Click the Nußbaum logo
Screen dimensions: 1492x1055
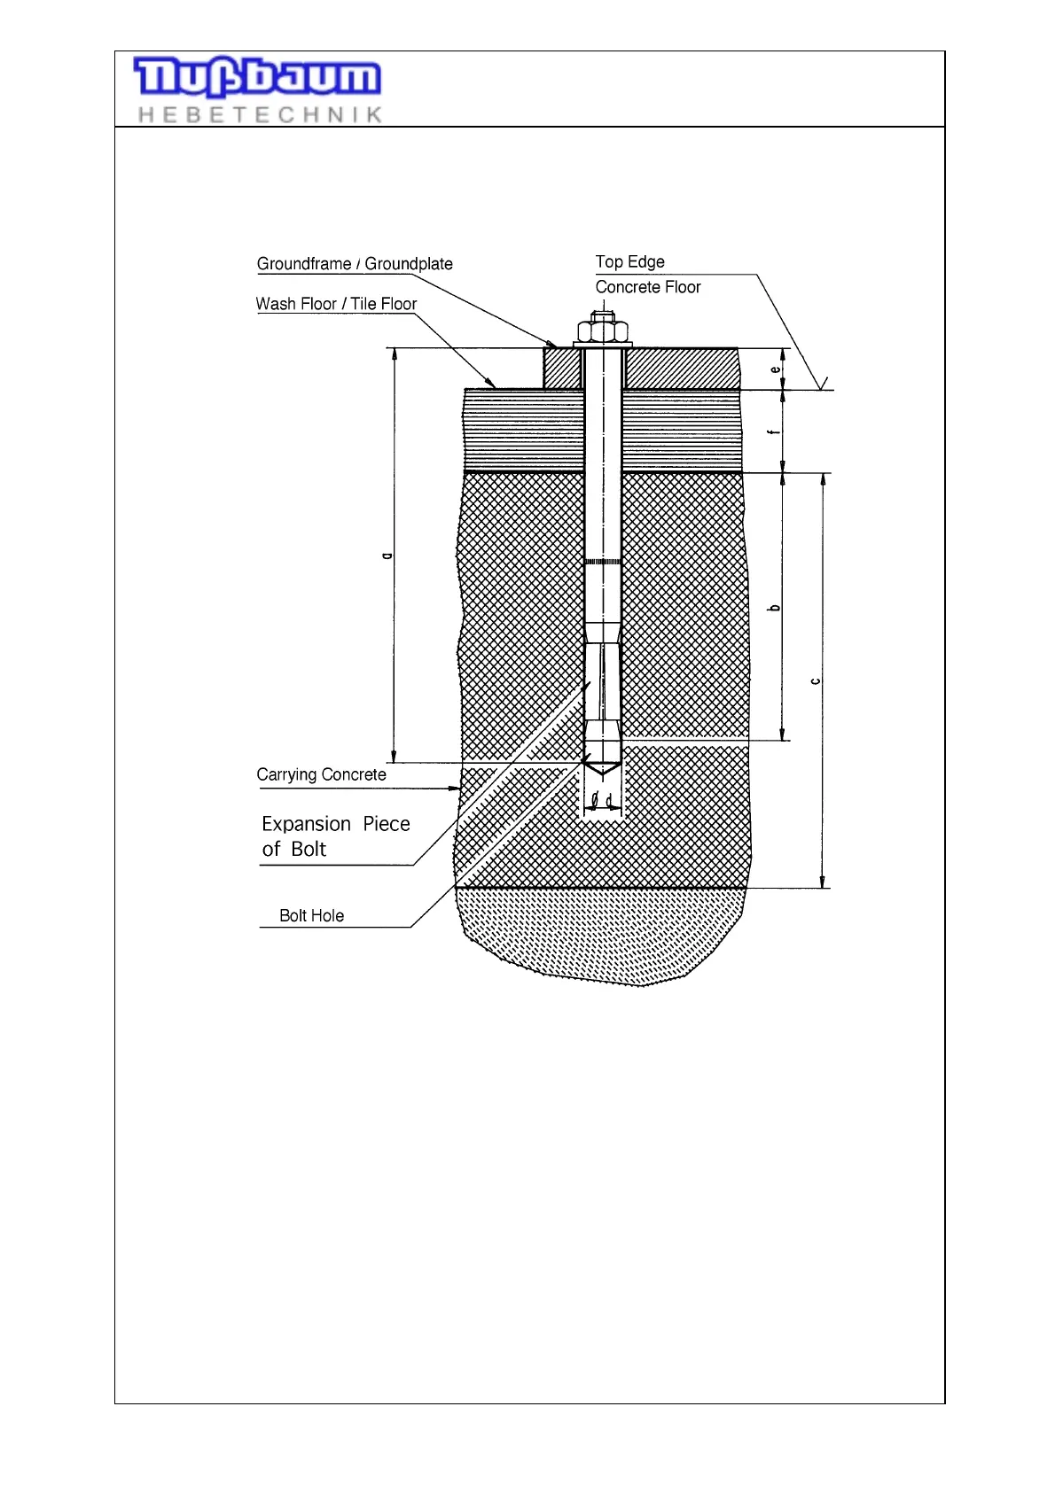click(257, 77)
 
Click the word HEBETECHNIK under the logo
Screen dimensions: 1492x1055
click(260, 114)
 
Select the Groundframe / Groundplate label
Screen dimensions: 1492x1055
click(355, 264)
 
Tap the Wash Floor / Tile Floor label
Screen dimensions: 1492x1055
click(336, 304)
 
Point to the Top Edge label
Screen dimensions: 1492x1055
click(629, 262)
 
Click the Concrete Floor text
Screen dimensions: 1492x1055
click(647, 287)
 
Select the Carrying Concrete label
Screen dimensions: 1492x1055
click(321, 774)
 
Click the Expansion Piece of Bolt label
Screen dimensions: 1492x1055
click(335, 835)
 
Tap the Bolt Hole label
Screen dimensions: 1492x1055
click(311, 915)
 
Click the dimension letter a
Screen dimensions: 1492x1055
click(386, 556)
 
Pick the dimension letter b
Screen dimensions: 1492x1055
click(775, 607)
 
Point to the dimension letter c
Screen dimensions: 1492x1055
click(815, 680)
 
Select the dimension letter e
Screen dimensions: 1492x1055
click(775, 369)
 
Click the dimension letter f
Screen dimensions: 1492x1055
click(775, 431)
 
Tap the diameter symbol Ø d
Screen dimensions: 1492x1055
click(602, 800)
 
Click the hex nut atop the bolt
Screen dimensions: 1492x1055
click(603, 331)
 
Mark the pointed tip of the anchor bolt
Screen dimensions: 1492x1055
click(603, 771)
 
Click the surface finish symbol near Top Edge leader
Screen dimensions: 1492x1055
click(824, 383)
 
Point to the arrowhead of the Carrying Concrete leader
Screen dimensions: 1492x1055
click(457, 788)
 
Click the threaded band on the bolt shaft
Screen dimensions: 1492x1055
click(603, 562)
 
